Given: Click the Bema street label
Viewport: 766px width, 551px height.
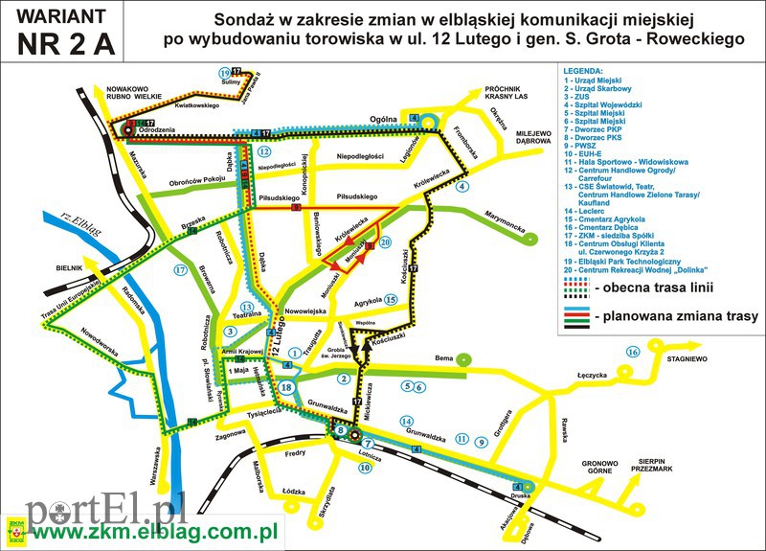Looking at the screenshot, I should [x=443, y=357].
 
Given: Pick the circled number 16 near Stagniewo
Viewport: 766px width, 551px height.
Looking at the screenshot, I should [x=632, y=352].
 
